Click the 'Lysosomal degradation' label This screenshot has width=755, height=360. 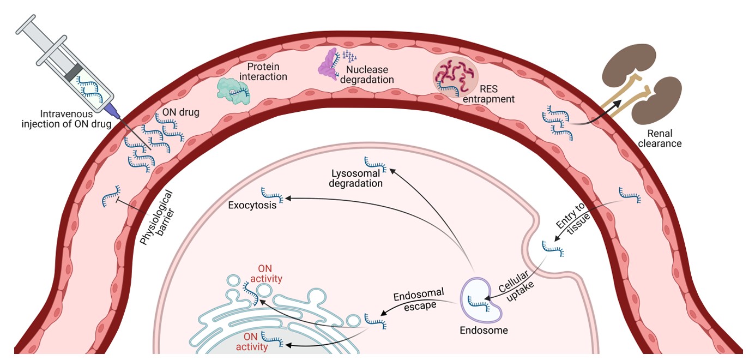357,178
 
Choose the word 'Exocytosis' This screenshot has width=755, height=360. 252,206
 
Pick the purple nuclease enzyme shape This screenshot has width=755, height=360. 329,64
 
